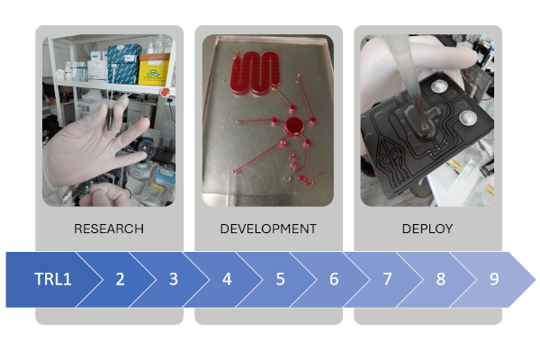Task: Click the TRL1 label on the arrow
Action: click(53, 279)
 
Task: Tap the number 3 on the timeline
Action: click(174, 279)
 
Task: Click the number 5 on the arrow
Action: click(280, 279)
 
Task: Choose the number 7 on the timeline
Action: click(387, 279)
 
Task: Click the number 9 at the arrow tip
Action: click(494, 279)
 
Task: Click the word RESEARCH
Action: click(109, 229)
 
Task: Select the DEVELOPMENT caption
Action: click(268, 229)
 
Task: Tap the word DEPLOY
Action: click(427, 229)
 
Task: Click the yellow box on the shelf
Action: click(154, 70)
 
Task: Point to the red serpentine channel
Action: click(256, 72)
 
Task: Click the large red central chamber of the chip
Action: click(293, 125)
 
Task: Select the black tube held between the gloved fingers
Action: click(110, 117)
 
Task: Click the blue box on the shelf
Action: click(124, 64)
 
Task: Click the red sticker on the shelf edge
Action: click(166, 92)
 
